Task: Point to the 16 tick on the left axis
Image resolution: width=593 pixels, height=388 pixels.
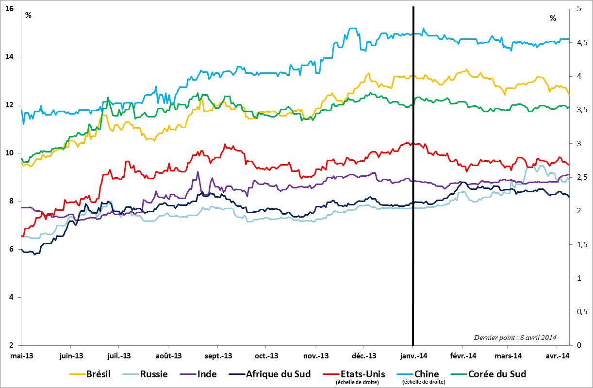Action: pyautogui.click(x=9, y=9)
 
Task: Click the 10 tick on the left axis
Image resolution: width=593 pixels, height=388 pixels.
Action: pyautogui.click(x=9, y=153)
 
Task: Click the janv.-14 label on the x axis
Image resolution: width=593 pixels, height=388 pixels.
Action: pyautogui.click(x=413, y=356)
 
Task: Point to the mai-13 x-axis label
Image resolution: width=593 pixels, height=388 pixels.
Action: pyautogui.click(x=21, y=356)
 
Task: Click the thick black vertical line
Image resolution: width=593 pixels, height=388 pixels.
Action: pyautogui.click(x=413, y=194)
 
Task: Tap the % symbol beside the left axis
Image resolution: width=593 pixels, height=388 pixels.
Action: pyautogui.click(x=29, y=15)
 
